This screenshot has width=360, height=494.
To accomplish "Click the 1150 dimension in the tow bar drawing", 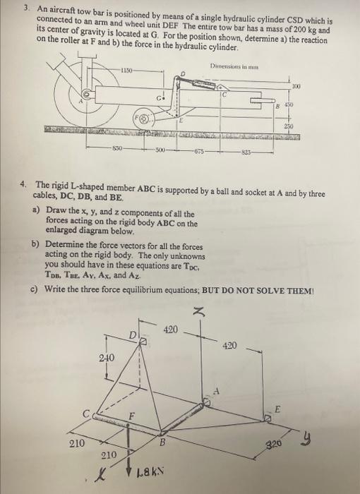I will [125, 70].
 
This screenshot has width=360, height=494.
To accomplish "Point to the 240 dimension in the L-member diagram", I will [107, 359].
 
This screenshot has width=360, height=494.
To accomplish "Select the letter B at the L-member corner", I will [163, 443].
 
